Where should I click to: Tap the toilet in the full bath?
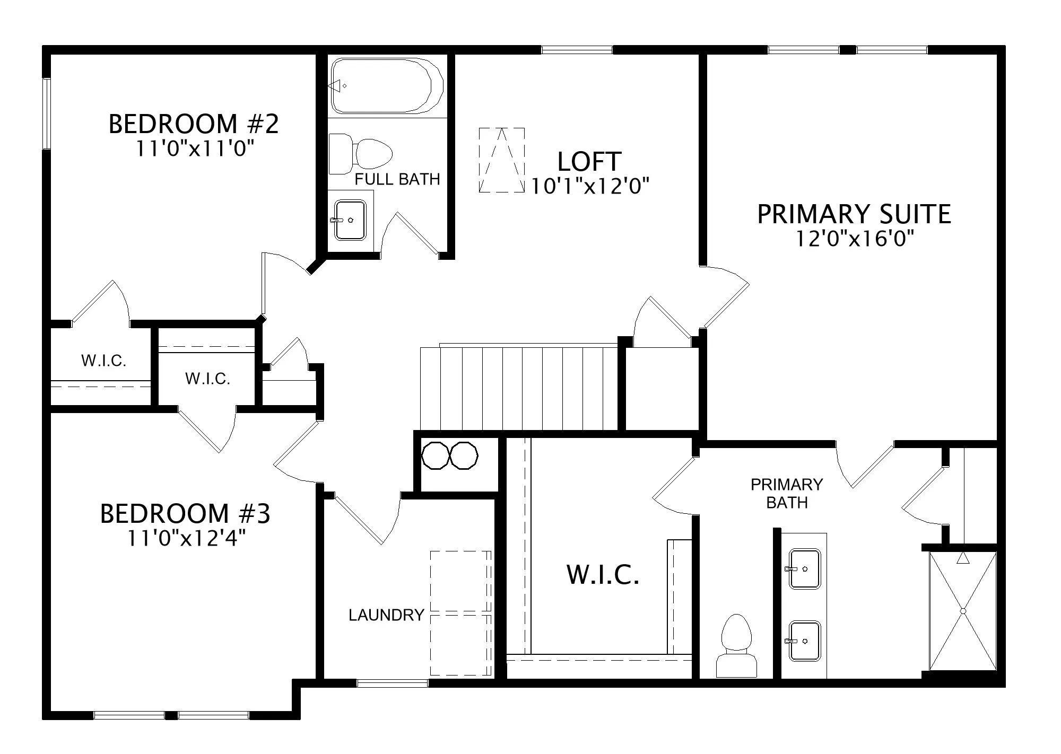(361, 154)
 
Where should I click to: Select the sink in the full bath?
(349, 220)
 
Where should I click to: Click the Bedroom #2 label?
(194, 124)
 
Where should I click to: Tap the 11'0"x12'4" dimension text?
(186, 539)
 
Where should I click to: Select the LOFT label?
(589, 162)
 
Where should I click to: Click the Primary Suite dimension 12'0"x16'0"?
(855, 239)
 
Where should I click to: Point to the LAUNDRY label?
(386, 615)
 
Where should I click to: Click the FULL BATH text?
(397, 179)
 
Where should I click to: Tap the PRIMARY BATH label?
(787, 493)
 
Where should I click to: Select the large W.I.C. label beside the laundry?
(603, 575)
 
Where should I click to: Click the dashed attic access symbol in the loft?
(502, 160)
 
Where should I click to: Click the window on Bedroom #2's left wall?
(47, 113)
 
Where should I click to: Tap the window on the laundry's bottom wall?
(393, 683)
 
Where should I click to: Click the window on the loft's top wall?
(577, 50)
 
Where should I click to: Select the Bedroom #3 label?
(185, 514)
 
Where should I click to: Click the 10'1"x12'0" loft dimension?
(590, 186)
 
